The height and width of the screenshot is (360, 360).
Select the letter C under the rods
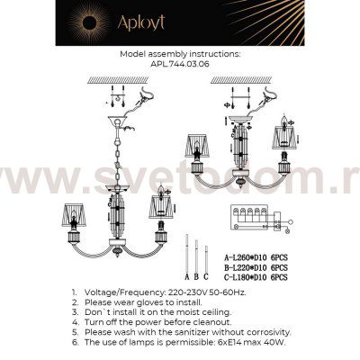(x=206, y=276)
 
